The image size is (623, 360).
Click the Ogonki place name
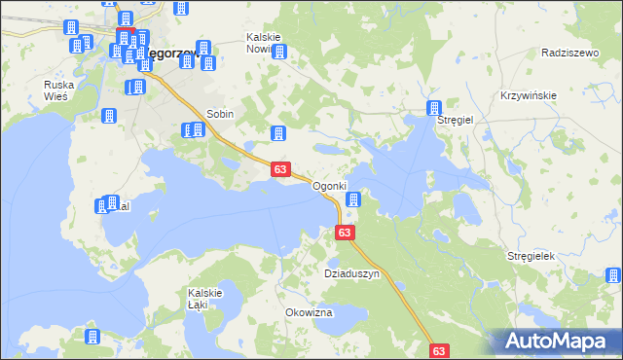tap(329, 186)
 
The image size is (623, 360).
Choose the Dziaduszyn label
tap(351, 274)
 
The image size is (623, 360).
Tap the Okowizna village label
tap(309, 312)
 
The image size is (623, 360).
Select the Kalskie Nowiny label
tap(264, 43)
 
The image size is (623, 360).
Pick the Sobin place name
tap(219, 114)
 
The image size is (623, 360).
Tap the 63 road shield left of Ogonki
tap(280, 169)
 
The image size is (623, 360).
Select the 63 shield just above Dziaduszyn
tap(345, 233)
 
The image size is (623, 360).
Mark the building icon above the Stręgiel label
tap(434, 108)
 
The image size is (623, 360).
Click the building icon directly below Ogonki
tap(353, 200)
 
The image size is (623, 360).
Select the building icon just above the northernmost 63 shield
tap(278, 133)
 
